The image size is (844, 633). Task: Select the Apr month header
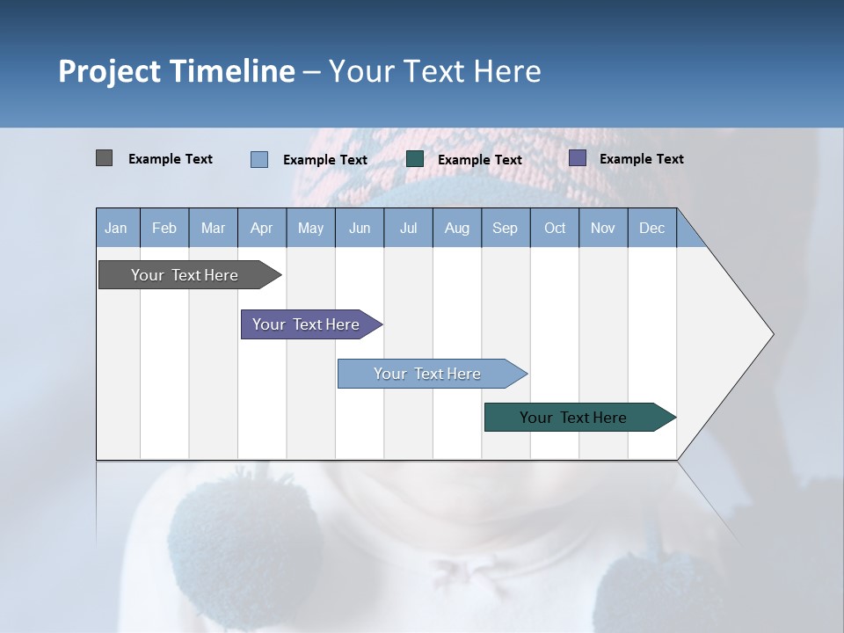coord(262,228)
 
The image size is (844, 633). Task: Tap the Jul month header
coord(409,228)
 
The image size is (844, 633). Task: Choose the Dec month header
coord(652,228)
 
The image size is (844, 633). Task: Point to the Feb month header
coord(164,228)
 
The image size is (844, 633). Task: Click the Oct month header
coord(555,228)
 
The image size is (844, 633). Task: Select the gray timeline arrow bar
coord(190,274)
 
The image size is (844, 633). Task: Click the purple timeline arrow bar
coord(311,324)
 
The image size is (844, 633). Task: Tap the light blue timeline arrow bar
coord(433,374)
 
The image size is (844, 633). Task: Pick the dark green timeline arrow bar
coord(580,417)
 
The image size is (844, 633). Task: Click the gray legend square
coord(104,158)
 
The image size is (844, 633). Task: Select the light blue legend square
coord(259,159)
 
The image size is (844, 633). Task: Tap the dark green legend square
coord(414,159)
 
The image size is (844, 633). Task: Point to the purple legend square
coord(578,158)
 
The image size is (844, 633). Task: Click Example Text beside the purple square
coord(642,159)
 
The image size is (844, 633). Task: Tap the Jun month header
coord(360,228)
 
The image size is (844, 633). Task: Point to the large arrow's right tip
coord(774,334)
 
